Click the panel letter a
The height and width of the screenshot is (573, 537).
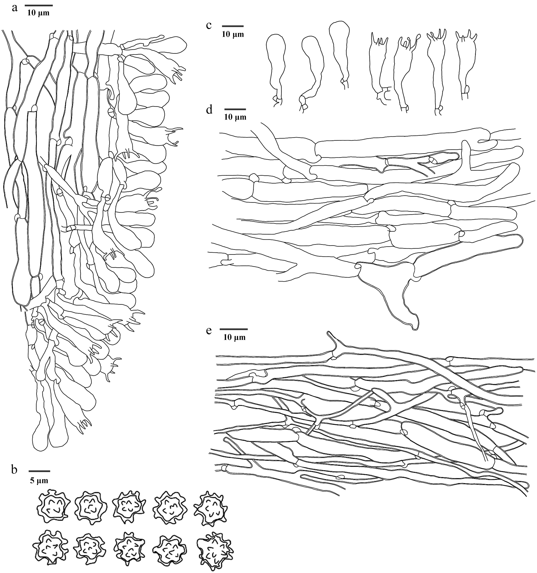click(15, 8)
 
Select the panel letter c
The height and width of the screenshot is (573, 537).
click(209, 26)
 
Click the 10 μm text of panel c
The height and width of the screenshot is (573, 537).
click(233, 35)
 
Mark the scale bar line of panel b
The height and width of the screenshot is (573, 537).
click(39, 471)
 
